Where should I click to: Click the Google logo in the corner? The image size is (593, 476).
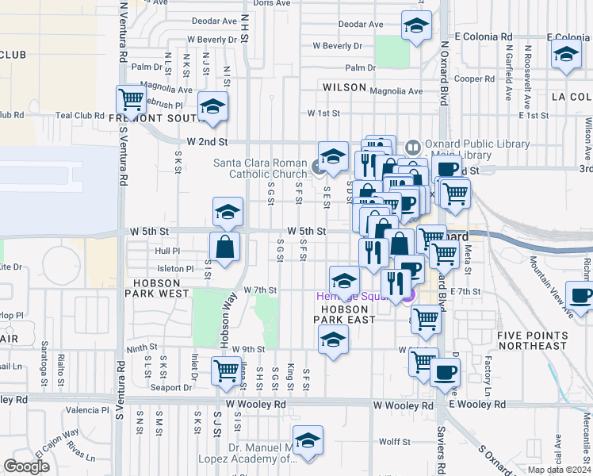28,466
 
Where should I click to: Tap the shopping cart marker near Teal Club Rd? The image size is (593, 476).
132,100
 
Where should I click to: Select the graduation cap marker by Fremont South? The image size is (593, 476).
212,107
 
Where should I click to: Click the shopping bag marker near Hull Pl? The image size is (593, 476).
225,246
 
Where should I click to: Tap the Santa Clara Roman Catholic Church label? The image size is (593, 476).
260,168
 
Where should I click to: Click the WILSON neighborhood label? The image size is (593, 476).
343,87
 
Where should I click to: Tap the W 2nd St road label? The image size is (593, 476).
207,142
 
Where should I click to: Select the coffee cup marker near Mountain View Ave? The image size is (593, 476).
580,296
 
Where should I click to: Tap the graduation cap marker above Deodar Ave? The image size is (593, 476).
416,26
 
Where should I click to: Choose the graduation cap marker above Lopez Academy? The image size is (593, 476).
308,440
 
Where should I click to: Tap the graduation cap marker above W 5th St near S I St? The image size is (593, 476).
228,212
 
